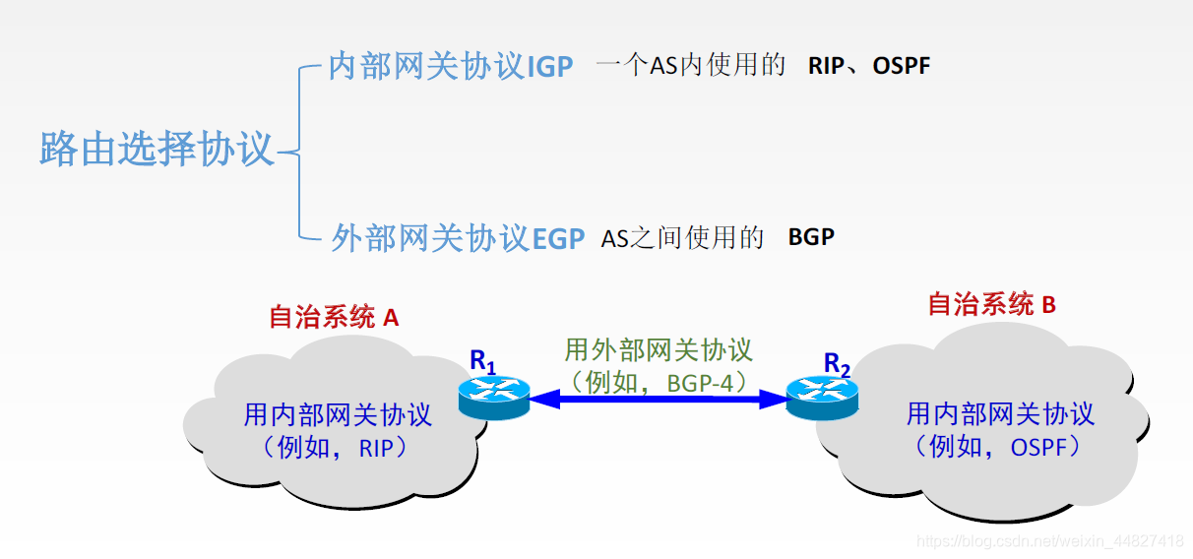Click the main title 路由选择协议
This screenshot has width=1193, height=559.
pyautogui.click(x=157, y=151)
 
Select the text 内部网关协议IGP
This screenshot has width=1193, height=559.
pyautogui.click(x=450, y=66)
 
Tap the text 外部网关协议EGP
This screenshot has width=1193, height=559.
pyautogui.click(x=458, y=238)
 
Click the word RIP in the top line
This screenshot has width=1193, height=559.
pyautogui.click(x=825, y=66)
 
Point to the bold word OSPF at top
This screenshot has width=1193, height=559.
pyautogui.click(x=901, y=66)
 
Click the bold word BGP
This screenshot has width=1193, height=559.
pyautogui.click(x=811, y=238)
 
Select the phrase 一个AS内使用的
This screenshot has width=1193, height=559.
pyautogui.click(x=691, y=66)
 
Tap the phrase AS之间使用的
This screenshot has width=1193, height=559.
pyautogui.click(x=682, y=238)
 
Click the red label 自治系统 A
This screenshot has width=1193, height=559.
pyautogui.click(x=334, y=317)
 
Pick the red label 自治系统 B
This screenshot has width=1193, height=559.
pyautogui.click(x=991, y=304)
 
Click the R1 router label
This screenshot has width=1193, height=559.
pyautogui.click(x=482, y=361)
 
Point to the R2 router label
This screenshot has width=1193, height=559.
pyautogui.click(x=837, y=365)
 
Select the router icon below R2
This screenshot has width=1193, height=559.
pyautogui.click(x=822, y=399)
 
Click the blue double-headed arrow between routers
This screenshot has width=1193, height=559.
pyautogui.click(x=658, y=400)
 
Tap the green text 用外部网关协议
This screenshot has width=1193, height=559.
pyautogui.click(x=658, y=350)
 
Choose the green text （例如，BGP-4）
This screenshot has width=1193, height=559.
pyautogui.click(x=658, y=381)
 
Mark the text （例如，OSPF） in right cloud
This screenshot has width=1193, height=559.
pyautogui.click(x=999, y=446)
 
